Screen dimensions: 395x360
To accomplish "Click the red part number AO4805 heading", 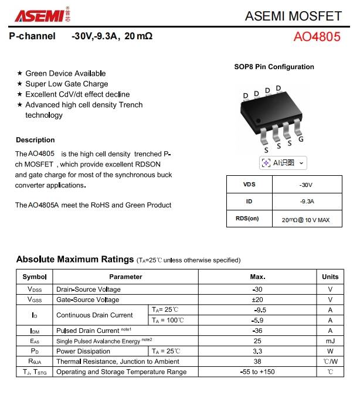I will [317, 36].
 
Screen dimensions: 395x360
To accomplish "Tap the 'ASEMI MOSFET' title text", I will [293, 15].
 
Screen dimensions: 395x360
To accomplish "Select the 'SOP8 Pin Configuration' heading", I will [274, 67].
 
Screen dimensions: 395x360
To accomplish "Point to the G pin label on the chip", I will [301, 139].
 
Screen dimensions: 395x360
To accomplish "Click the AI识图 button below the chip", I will [283, 163].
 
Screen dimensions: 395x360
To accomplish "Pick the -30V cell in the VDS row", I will [306, 185].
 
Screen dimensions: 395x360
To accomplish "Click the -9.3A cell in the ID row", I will [306, 202].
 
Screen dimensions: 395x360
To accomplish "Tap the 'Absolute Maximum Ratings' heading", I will [74, 259].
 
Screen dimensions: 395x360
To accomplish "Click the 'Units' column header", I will [330, 277].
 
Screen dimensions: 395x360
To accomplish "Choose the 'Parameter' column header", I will [125, 277].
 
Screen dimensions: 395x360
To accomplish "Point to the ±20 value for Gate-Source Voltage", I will [257, 299].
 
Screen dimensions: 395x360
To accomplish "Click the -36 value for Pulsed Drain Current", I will [257, 331].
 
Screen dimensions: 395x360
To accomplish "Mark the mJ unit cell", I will [330, 341].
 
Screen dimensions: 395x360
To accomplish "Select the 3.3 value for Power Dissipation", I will [257, 351].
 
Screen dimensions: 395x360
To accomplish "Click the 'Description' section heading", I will [35, 140].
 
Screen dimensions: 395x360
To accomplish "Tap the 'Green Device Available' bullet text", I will [66, 73].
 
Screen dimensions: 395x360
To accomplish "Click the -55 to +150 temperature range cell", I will [257, 372].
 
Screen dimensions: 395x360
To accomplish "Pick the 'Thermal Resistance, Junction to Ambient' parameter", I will [117, 362].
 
